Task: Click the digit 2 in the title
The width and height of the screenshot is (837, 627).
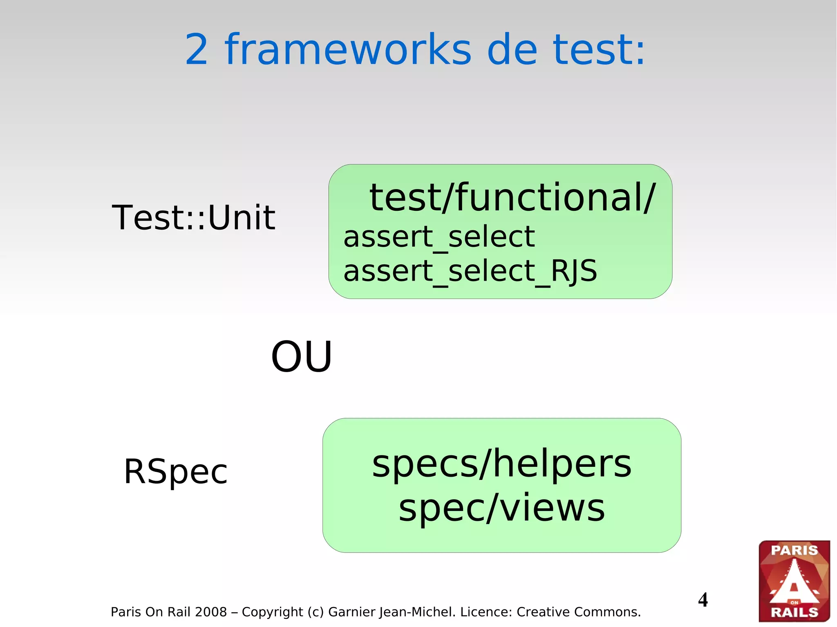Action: tap(197, 50)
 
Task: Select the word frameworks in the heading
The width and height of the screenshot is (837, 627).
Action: tap(348, 50)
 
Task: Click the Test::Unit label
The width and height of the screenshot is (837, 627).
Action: tap(193, 217)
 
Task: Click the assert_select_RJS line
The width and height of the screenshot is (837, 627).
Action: tap(470, 271)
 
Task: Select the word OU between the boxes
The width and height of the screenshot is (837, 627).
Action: tap(302, 357)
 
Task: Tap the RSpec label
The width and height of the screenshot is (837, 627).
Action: tap(176, 472)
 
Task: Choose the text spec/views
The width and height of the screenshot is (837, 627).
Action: tap(501, 508)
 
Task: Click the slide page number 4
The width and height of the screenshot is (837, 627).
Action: tap(703, 600)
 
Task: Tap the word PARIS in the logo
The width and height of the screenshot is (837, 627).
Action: tap(794, 550)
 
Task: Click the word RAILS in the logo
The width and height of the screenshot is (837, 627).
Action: tap(794, 612)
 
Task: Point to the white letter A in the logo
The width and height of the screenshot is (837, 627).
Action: tap(794, 582)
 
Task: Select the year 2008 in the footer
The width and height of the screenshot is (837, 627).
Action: tap(210, 612)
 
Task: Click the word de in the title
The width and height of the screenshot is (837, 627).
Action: tap(512, 50)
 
